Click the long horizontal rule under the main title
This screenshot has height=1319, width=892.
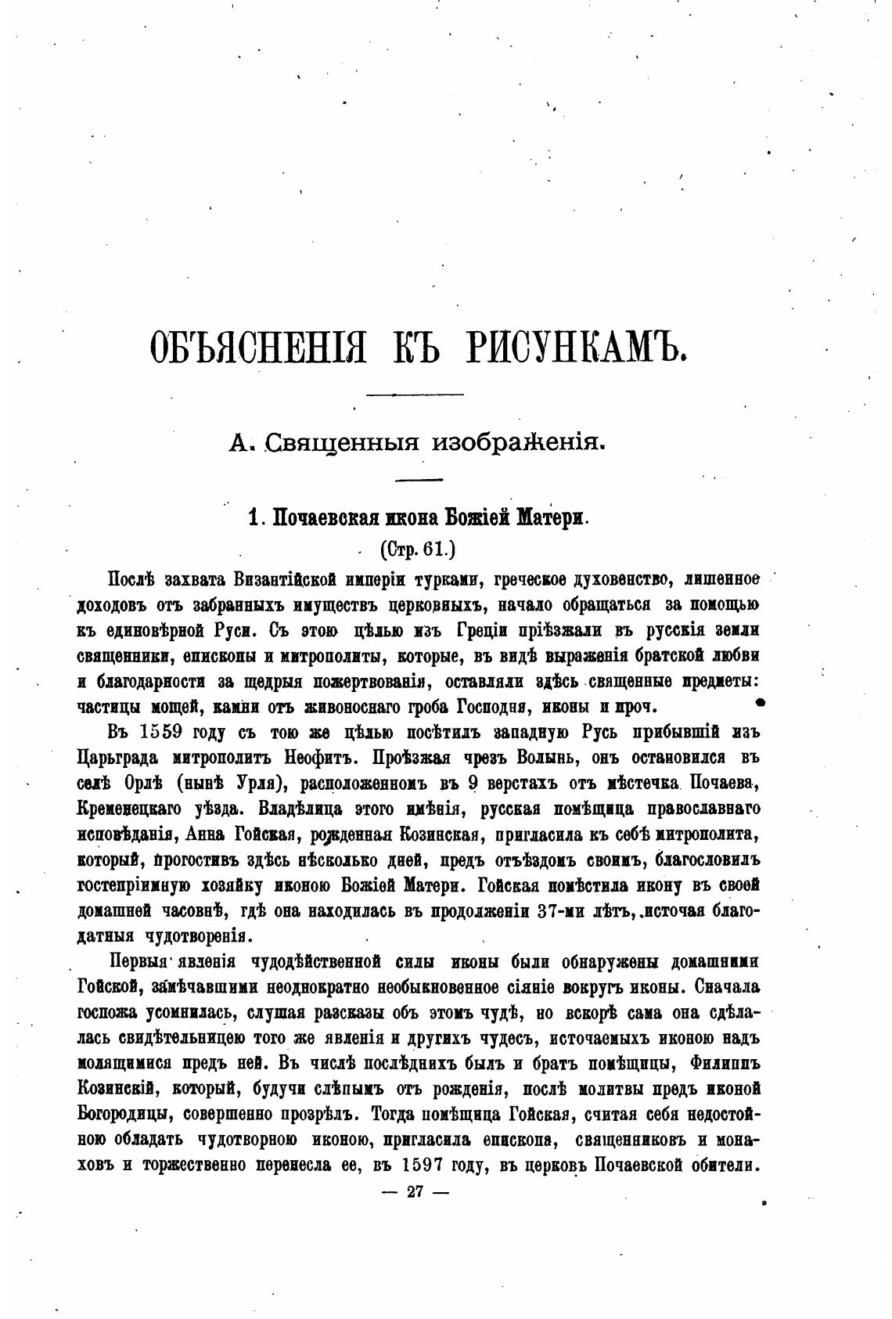415,394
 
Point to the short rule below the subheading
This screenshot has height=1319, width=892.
419,479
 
